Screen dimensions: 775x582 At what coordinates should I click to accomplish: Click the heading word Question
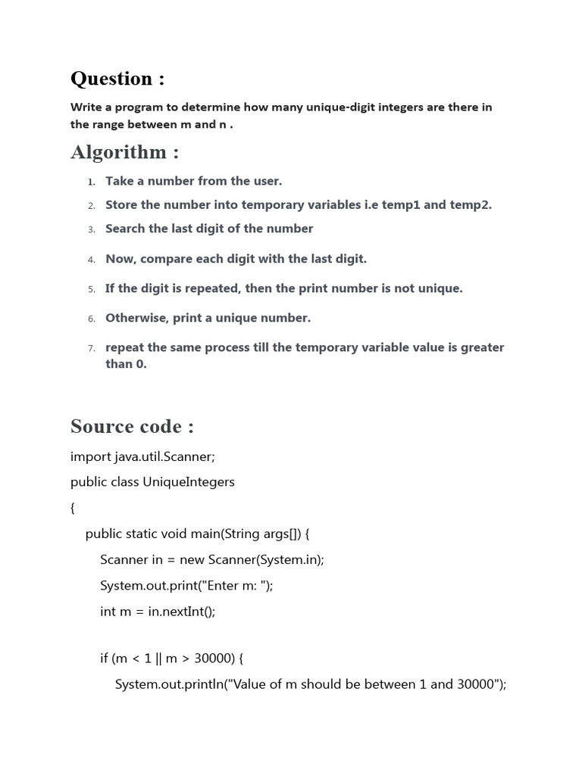pos(111,79)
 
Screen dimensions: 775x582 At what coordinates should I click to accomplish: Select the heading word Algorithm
pos(118,152)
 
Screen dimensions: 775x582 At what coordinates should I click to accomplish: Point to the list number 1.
pos(91,182)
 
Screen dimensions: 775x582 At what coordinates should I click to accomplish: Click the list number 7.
pos(91,348)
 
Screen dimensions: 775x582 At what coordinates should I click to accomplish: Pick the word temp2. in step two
pos(471,204)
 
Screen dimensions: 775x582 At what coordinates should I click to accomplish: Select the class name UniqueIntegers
pos(189,482)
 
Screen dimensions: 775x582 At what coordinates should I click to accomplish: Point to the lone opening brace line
pos(73,509)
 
